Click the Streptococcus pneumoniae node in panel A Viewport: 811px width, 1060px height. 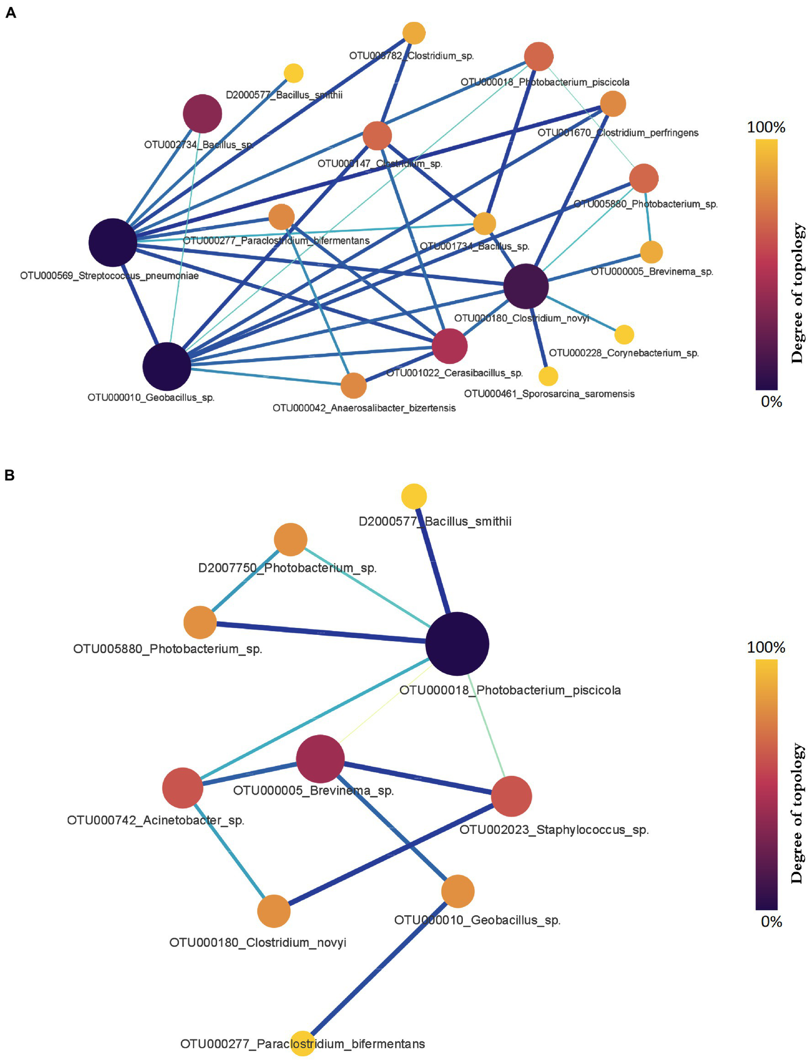113,242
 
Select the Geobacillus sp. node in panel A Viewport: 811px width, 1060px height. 166,366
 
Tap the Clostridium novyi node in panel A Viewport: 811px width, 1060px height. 526,286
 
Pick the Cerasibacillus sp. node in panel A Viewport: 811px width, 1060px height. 450,346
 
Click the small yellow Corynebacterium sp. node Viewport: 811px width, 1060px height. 624,334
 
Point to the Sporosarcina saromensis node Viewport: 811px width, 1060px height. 548,376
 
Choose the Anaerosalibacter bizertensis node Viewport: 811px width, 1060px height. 353,386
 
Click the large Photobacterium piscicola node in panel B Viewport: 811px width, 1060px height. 457,644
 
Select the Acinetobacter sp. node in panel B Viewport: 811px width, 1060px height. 183,788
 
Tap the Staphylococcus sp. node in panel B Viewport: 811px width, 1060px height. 511,796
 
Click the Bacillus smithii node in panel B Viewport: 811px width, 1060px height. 414,496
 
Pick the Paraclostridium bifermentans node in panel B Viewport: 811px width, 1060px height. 303,1044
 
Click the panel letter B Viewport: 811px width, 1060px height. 10,475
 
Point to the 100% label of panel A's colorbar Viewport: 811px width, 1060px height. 766,127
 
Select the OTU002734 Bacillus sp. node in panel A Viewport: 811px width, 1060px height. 202,114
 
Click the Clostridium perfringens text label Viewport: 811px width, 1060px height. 618,133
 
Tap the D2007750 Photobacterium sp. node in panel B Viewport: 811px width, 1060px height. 291,540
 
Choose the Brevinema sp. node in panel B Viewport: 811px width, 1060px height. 320,759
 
